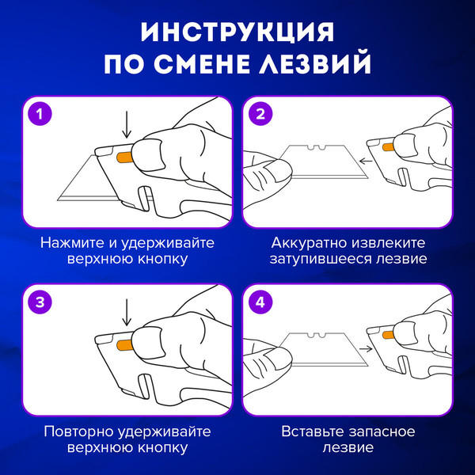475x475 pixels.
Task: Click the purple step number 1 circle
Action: click(x=40, y=114)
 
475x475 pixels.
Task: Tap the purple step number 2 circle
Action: click(x=260, y=114)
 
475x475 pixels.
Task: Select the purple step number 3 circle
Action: click(x=40, y=302)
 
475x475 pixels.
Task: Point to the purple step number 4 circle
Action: click(x=260, y=302)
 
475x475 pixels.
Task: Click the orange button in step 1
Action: click(x=124, y=158)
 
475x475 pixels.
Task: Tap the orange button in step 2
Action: click(x=388, y=147)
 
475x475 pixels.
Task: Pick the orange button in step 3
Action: click(x=124, y=345)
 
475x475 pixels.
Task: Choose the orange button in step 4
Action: click(x=388, y=335)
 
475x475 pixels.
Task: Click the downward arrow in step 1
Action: click(x=127, y=124)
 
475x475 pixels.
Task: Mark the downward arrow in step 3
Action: click(x=127, y=313)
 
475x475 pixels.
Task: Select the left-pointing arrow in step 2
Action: click(x=366, y=161)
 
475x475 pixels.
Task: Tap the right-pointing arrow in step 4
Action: click(x=366, y=349)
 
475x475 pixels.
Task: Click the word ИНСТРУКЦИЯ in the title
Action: click(x=237, y=32)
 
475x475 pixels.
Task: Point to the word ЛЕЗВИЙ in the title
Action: click(x=315, y=63)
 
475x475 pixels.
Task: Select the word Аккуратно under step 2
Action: click(x=308, y=243)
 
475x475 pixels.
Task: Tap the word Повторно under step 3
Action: click(x=78, y=431)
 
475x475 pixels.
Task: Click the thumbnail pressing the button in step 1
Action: click(x=149, y=155)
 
